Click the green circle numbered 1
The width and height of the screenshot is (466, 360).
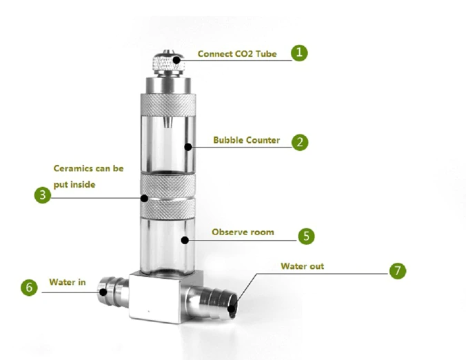(298, 52)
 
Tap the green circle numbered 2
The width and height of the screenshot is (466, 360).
(299, 142)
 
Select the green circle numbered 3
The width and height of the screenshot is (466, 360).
(43, 195)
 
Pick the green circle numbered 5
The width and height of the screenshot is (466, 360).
(306, 235)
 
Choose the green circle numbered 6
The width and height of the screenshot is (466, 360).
(29, 288)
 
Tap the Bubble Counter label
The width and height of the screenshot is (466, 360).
(246, 140)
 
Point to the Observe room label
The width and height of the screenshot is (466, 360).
(242, 232)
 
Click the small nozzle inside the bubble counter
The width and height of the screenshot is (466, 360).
(167, 123)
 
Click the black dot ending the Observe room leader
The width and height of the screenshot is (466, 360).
(183, 240)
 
